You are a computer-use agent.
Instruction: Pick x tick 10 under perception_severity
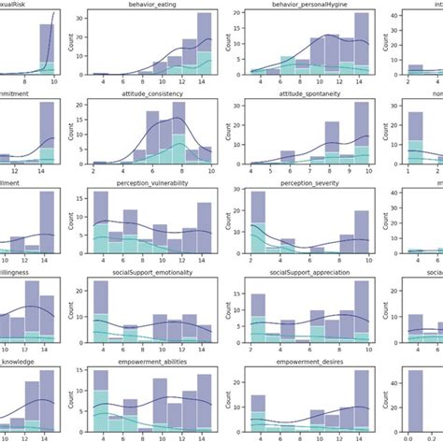[352, 261]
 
